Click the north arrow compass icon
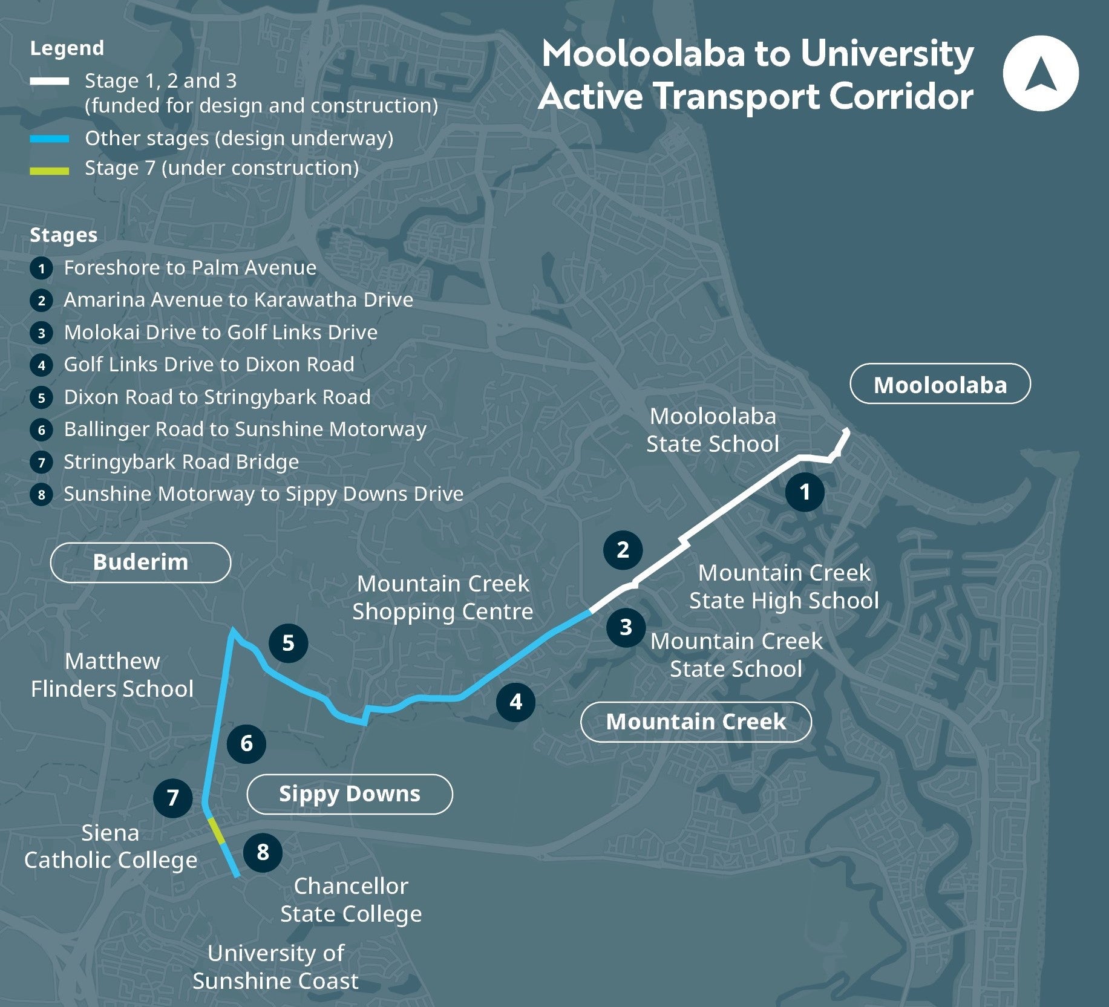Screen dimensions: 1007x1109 pyautogui.click(x=1040, y=73)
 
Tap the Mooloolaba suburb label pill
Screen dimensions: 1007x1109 pyautogui.click(x=940, y=384)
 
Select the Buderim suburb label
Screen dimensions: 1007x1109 pyautogui.click(x=140, y=562)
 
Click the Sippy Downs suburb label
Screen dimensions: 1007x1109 pyautogui.click(x=349, y=794)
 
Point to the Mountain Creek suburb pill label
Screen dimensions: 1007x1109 pyautogui.click(x=696, y=721)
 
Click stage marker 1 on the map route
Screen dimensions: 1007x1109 pyautogui.click(x=804, y=492)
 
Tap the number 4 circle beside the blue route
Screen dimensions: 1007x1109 pyautogui.click(x=515, y=702)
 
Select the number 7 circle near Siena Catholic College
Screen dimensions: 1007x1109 pyautogui.click(x=172, y=798)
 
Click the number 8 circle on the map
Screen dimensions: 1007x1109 pyautogui.click(x=263, y=852)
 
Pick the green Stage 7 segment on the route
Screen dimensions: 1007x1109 pyautogui.click(x=217, y=830)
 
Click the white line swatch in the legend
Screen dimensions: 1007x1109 pyautogui.click(x=50, y=81)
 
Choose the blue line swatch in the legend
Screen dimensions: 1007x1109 pyautogui.click(x=50, y=139)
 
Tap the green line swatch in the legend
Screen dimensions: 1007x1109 pyautogui.click(x=50, y=171)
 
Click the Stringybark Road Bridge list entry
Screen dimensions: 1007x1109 pyautogui.click(x=181, y=461)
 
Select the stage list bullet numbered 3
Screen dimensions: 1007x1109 pyautogui.click(x=41, y=333)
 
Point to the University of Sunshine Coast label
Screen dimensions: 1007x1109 pyautogui.click(x=275, y=966)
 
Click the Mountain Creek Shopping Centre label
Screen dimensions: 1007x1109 pyautogui.click(x=443, y=598)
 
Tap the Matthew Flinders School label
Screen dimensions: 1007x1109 pyautogui.click(x=113, y=674)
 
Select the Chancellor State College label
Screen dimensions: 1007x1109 pyautogui.click(x=351, y=899)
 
